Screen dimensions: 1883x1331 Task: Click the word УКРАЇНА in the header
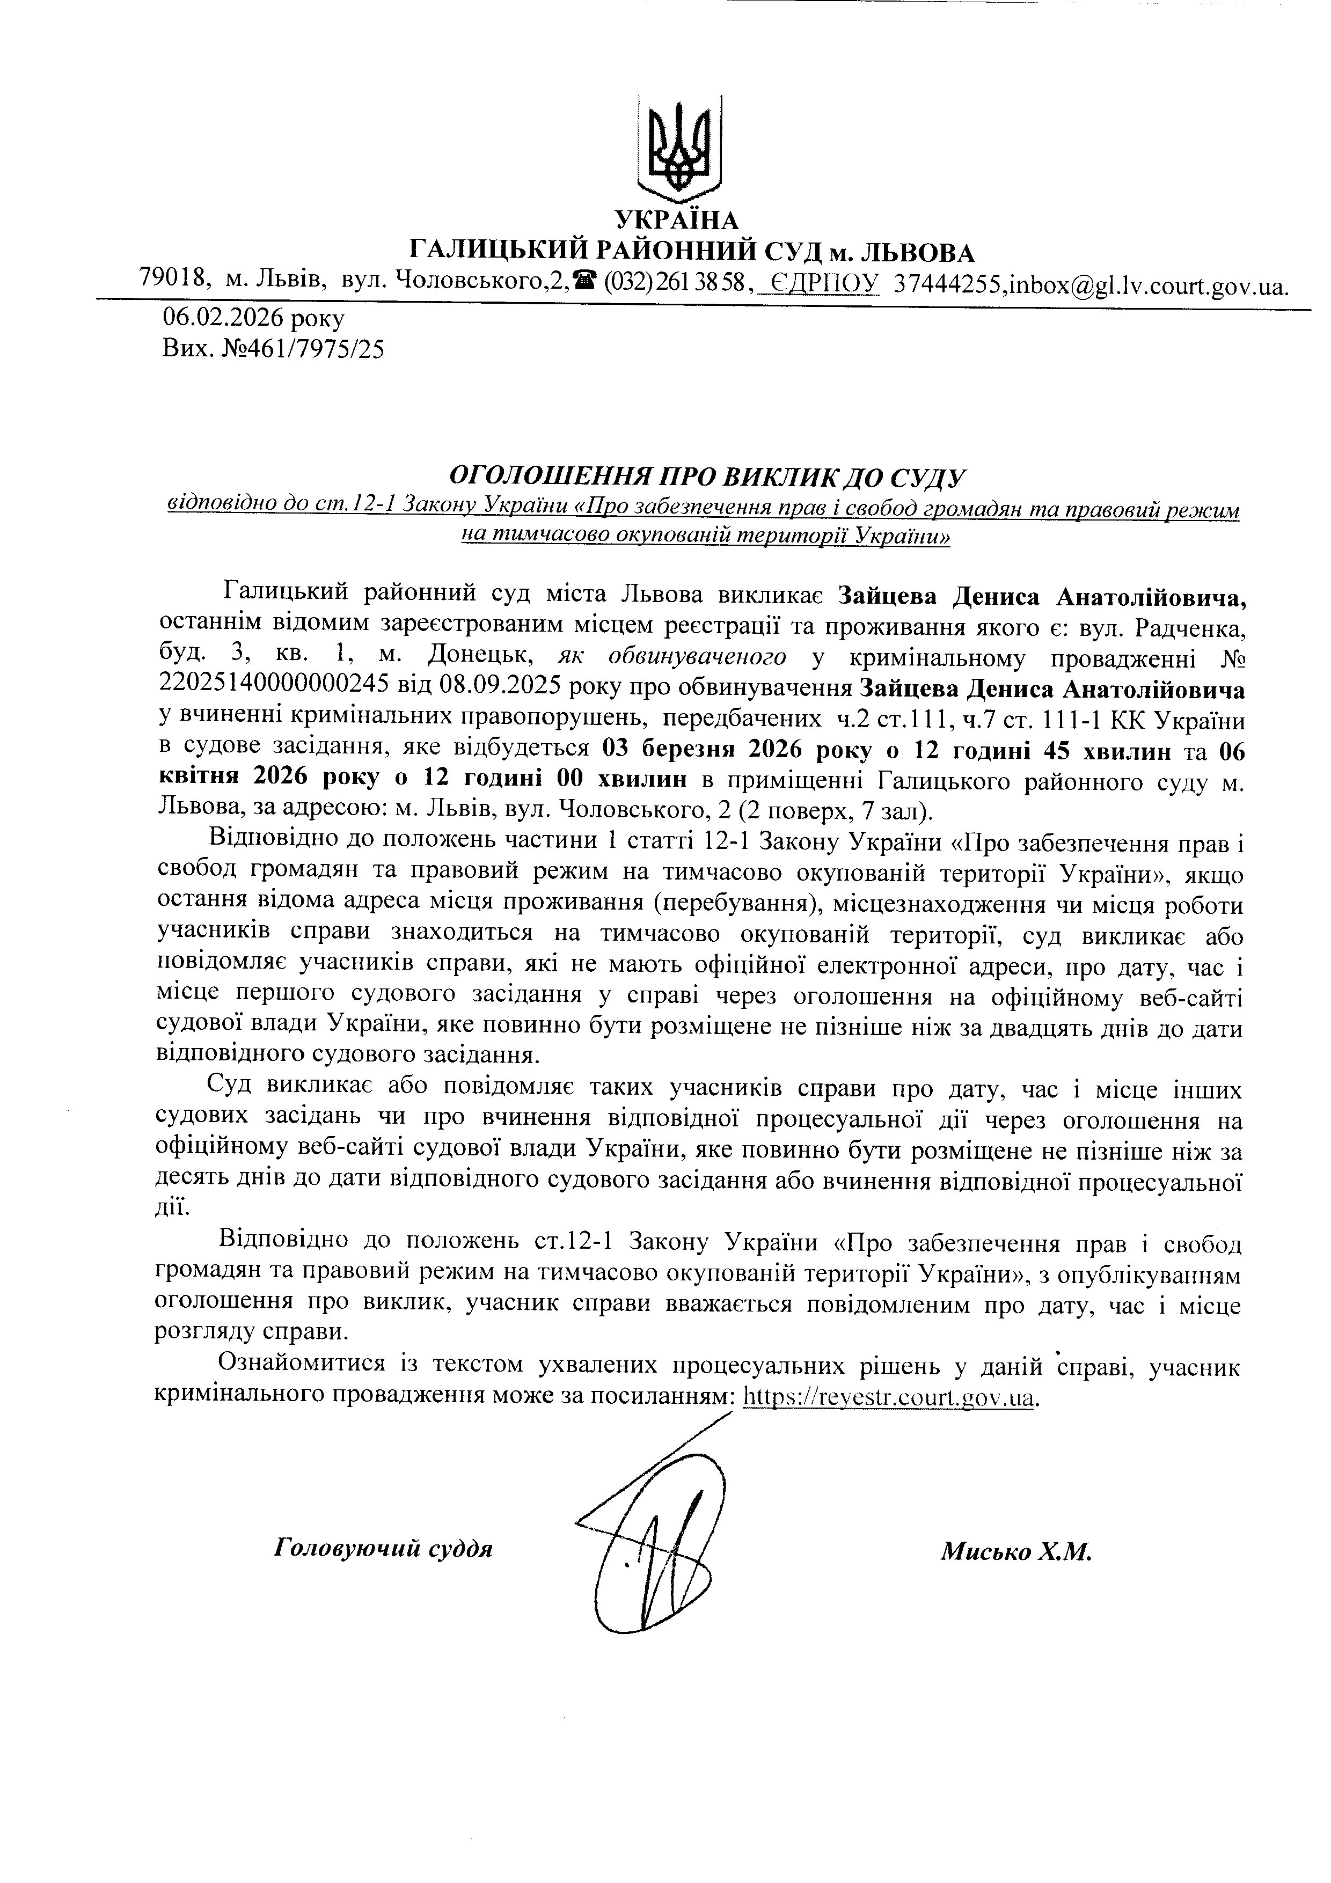(x=677, y=221)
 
